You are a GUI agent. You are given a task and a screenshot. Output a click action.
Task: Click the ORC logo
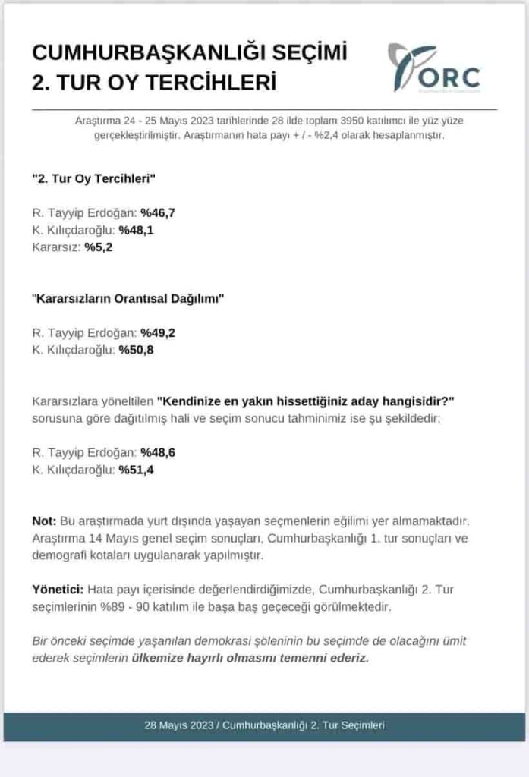coord(434,68)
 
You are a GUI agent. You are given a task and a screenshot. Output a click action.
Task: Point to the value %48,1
coord(136,230)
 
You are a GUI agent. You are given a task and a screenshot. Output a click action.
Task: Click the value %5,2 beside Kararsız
coord(99,247)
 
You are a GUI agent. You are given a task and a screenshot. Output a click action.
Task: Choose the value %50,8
coord(136,350)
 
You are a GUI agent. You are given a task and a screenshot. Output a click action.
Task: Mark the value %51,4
coord(136,470)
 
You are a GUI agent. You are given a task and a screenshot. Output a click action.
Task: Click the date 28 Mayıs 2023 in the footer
coord(179,725)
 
